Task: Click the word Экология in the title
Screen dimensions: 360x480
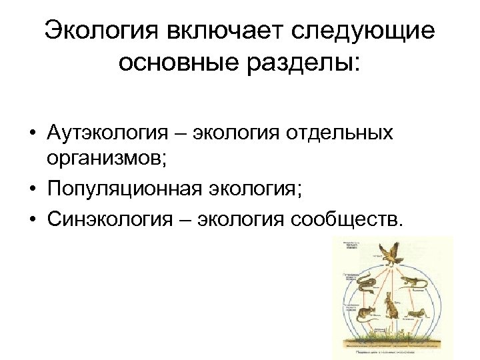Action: (x=92, y=30)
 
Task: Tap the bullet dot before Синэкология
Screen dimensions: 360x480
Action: (x=32, y=219)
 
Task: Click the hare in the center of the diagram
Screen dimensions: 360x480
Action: (x=391, y=307)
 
